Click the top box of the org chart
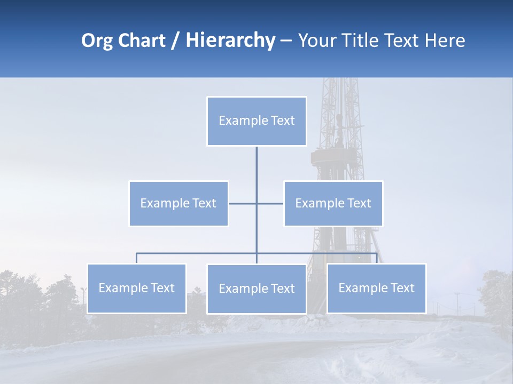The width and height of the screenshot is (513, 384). coord(256,121)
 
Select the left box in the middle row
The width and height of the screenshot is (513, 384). coord(178,203)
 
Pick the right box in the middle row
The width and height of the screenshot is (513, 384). coord(333,203)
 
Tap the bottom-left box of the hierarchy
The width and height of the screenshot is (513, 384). coord(137,288)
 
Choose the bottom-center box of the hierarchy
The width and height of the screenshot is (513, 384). coord(256,289)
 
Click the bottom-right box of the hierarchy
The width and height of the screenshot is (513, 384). coord(376,288)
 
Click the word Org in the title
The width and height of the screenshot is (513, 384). coord(96,41)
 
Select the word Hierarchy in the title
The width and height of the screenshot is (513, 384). coord(230,41)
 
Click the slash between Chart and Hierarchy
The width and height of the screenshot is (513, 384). coord(175,41)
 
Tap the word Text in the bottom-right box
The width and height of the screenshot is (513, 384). coord(402,288)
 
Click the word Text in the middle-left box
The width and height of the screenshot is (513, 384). coord(205,203)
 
